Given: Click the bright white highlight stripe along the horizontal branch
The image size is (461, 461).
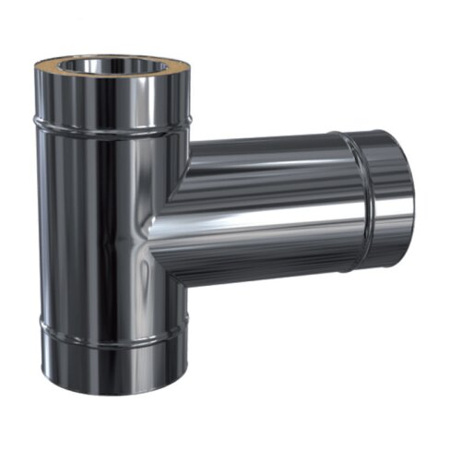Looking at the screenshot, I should (x=277, y=221).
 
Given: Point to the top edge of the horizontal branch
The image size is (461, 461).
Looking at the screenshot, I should (x=267, y=139).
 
